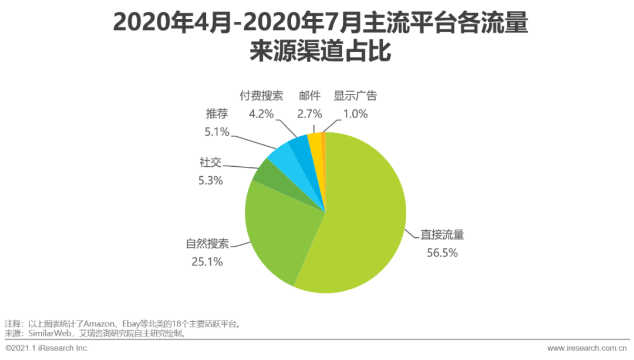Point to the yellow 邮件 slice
[x=315, y=141]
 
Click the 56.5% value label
[x=442, y=253]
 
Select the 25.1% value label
[x=207, y=262]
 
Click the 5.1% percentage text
[x=217, y=132]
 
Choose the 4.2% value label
[x=261, y=114]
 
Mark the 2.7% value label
[x=309, y=114]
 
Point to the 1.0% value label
[x=355, y=114]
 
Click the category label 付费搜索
[x=261, y=96]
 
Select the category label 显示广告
[x=355, y=96]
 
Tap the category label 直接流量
[x=442, y=235]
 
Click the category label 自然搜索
[x=207, y=244]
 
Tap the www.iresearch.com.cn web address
[x=587, y=348]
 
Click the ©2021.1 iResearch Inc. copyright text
[x=47, y=348]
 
